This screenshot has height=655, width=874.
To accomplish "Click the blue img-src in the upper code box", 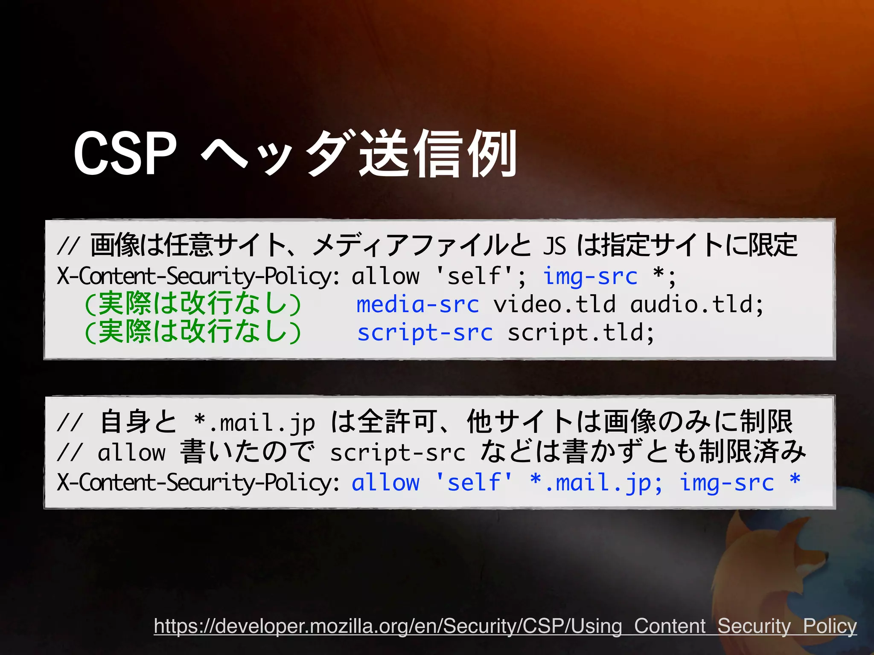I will (x=590, y=276).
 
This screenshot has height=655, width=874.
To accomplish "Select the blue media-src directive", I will (x=418, y=304).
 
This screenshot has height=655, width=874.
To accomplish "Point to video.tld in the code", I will (x=554, y=304).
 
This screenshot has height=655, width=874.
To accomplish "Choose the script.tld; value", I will (x=580, y=333).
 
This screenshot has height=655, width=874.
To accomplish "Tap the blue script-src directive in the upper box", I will (x=425, y=333).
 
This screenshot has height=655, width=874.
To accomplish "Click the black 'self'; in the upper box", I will (x=480, y=276).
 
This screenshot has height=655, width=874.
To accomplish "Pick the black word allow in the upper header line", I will (x=385, y=276).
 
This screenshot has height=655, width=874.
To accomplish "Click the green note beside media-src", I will (x=193, y=304).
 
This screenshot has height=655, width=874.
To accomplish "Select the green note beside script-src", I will (x=193, y=332).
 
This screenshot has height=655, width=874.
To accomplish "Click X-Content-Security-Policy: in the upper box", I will (x=198, y=276).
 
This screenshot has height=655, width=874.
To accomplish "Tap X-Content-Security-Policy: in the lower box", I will (x=198, y=483).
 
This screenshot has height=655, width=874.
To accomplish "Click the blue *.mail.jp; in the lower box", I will (x=596, y=482).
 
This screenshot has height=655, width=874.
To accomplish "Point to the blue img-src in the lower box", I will (x=727, y=482).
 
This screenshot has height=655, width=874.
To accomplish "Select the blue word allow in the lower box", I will (x=385, y=482).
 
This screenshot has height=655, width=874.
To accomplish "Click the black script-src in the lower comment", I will (x=397, y=452).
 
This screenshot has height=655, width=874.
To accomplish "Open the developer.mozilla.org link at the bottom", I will (x=505, y=626).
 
